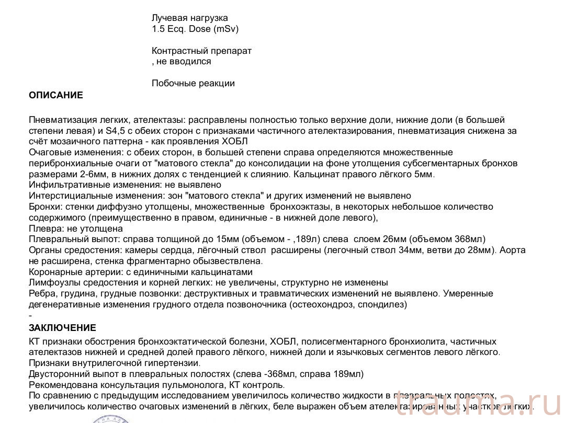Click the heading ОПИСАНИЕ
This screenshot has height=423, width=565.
pyautogui.click(x=56, y=95)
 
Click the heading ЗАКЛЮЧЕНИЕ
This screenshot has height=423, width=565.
pyautogui.click(x=62, y=328)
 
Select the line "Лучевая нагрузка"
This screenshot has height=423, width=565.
pyautogui.click(x=190, y=18)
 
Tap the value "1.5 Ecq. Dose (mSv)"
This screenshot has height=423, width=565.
pyautogui.click(x=195, y=29)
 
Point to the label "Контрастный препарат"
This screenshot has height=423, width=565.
pyautogui.click(x=201, y=51)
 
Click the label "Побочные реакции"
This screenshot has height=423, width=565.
pyautogui.click(x=193, y=83)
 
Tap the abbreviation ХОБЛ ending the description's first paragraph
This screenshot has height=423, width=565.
pyautogui.click(x=235, y=141)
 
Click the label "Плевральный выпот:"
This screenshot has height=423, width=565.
pyautogui.click(x=70, y=239)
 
